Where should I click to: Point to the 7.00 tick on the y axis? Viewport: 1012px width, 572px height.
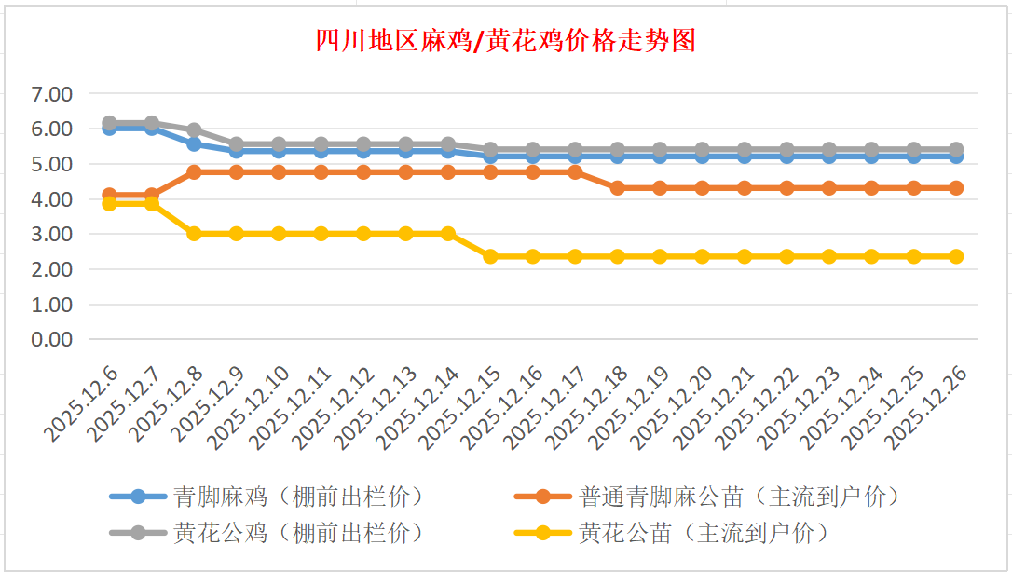[x=51, y=94]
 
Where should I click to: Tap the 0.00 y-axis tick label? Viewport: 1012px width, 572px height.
[x=51, y=339]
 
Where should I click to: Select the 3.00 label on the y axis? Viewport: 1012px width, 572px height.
[x=51, y=234]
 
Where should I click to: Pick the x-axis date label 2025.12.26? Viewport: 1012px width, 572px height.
[x=928, y=408]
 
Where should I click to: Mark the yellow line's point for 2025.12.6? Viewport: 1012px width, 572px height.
[x=109, y=203]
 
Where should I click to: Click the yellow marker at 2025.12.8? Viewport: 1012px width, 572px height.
[x=194, y=234]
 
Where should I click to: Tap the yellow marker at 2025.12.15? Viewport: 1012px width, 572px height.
[x=490, y=256]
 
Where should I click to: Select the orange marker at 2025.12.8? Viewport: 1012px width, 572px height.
[x=194, y=172]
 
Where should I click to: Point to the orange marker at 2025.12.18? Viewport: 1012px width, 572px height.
[x=617, y=188]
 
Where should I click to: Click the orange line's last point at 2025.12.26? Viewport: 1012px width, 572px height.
[x=955, y=188]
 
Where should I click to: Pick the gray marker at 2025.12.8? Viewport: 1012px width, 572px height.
[x=194, y=130]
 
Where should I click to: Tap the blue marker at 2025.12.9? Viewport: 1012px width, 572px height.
[x=236, y=151]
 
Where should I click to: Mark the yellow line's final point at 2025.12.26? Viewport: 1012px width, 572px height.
[x=955, y=256]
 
